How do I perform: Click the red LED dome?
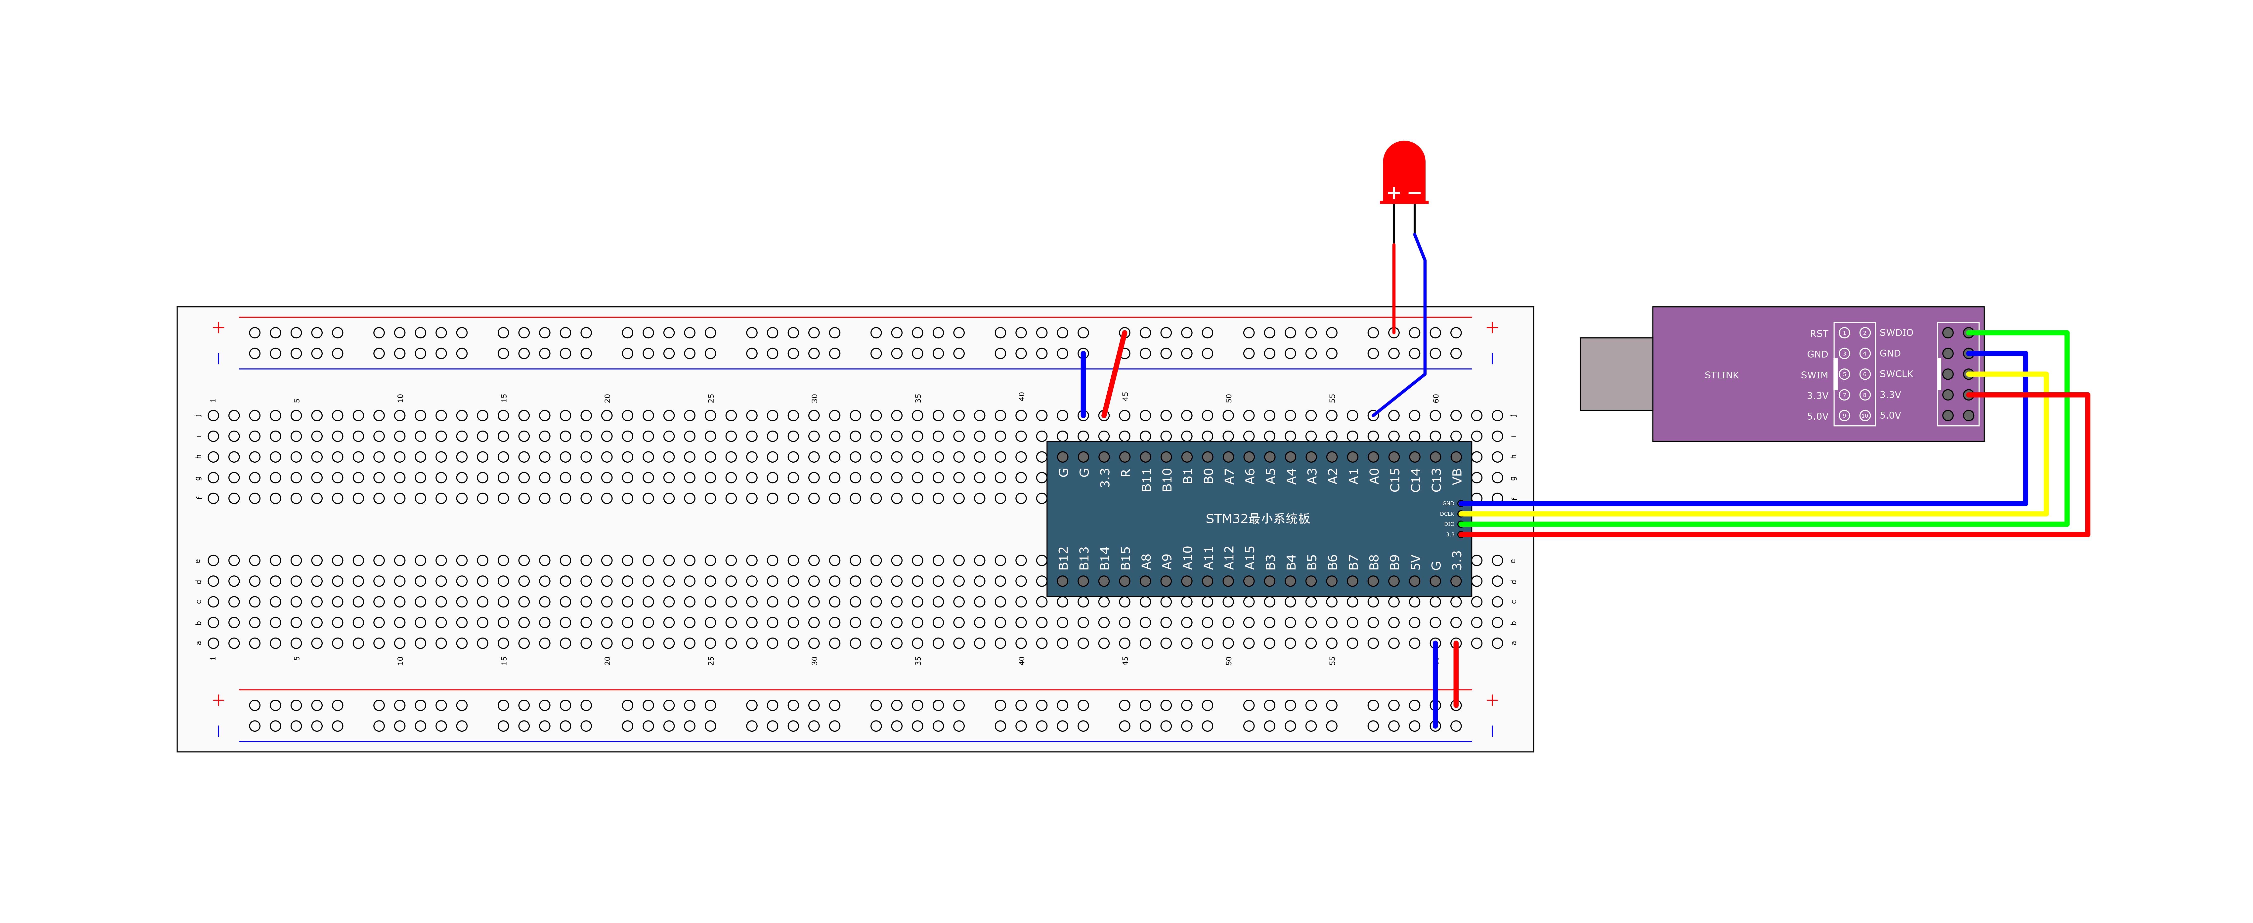click(1404, 166)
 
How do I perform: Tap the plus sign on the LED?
click(1393, 192)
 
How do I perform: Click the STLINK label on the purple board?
click(1721, 375)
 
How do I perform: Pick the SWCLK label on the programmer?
click(1896, 374)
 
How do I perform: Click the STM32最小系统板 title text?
click(1258, 518)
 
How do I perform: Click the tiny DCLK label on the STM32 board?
click(1447, 514)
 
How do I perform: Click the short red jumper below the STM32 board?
click(1456, 674)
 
